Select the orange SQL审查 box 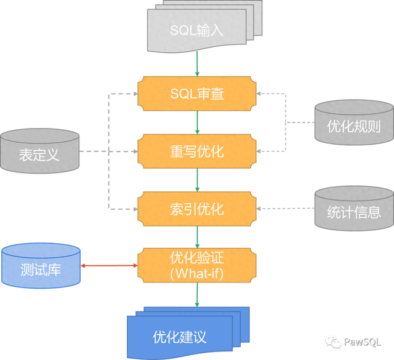click(196, 94)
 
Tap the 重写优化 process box click(196, 151)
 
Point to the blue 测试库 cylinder click(40, 266)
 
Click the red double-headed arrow click(108, 266)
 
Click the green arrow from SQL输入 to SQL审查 click(196, 63)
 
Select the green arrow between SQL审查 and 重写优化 click(196, 122)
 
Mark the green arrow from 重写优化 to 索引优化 click(196, 180)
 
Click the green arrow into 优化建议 click(196, 295)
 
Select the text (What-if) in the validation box click(196, 273)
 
